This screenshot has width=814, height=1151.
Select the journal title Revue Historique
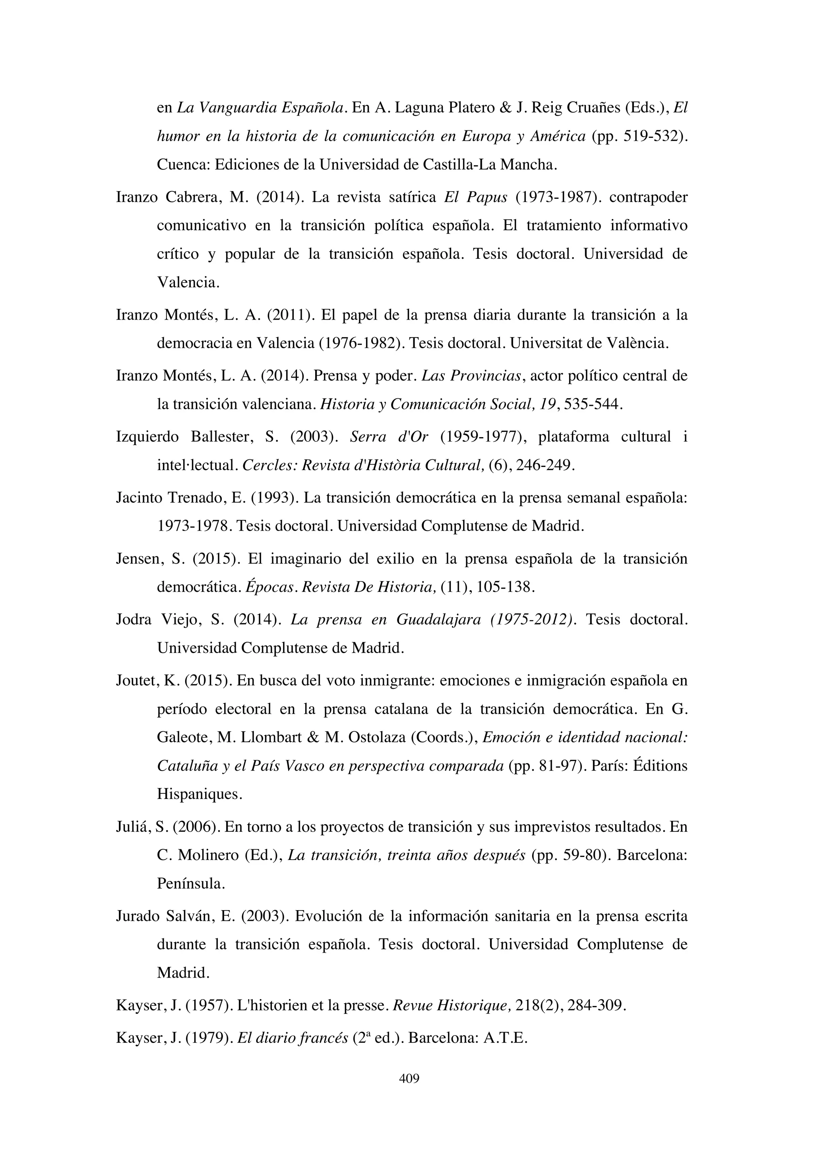[453, 1005]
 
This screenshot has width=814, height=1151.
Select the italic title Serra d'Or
[389, 437]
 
